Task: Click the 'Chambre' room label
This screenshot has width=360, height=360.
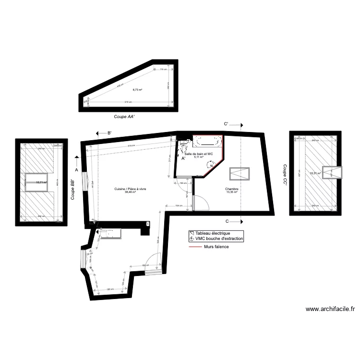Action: [x=232, y=189]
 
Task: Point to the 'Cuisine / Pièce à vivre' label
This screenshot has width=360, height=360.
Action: [x=130, y=189]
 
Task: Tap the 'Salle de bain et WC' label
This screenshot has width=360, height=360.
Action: [x=202, y=154]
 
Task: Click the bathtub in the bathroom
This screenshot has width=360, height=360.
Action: [x=207, y=141]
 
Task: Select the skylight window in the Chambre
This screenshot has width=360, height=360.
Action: [x=239, y=173]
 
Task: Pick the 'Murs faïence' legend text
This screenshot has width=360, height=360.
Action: [x=216, y=247]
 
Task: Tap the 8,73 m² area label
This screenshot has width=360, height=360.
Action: [x=138, y=90]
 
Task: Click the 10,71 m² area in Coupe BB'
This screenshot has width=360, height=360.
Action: [x=42, y=182]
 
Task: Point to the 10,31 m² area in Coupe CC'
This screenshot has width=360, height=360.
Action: [x=315, y=173]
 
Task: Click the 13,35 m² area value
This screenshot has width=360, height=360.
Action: [x=232, y=192]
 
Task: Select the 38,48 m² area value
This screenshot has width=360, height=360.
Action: [x=130, y=192]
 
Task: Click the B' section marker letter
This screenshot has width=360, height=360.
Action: [x=109, y=133]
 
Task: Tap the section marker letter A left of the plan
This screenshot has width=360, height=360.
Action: [x=76, y=169]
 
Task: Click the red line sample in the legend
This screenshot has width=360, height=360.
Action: [x=195, y=247]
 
